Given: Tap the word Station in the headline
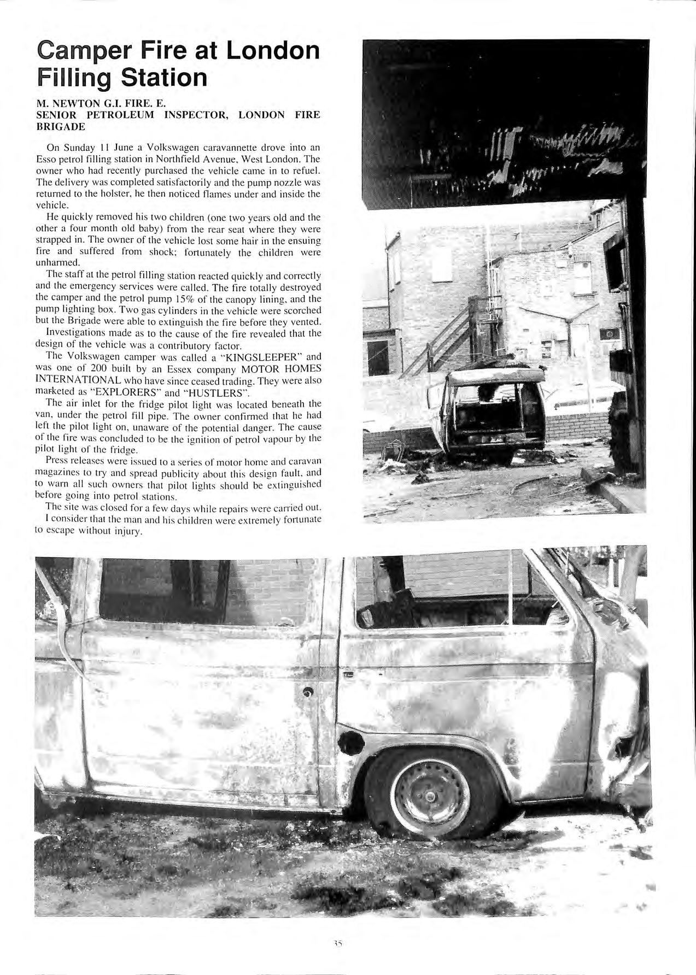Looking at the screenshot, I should click(164, 78).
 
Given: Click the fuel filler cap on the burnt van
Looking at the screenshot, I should click(349, 742).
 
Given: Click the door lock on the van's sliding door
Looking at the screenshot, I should click(307, 693).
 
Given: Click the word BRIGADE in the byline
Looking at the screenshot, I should click(60, 127).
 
